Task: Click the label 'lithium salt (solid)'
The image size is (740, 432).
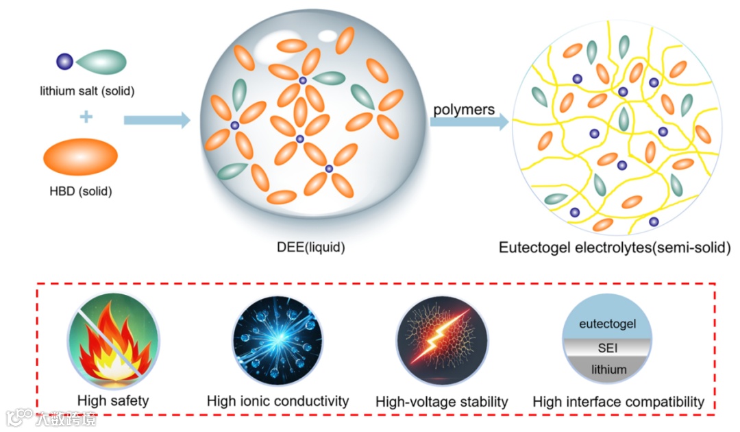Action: [86, 91]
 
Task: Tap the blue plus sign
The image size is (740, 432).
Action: [86, 117]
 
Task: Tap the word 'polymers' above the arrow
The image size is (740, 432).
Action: [464, 110]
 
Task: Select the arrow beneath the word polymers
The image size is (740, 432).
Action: [469, 122]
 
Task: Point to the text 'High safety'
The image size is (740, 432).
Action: [113, 400]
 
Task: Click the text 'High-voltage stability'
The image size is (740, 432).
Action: [442, 402]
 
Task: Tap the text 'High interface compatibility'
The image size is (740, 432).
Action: [619, 402]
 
